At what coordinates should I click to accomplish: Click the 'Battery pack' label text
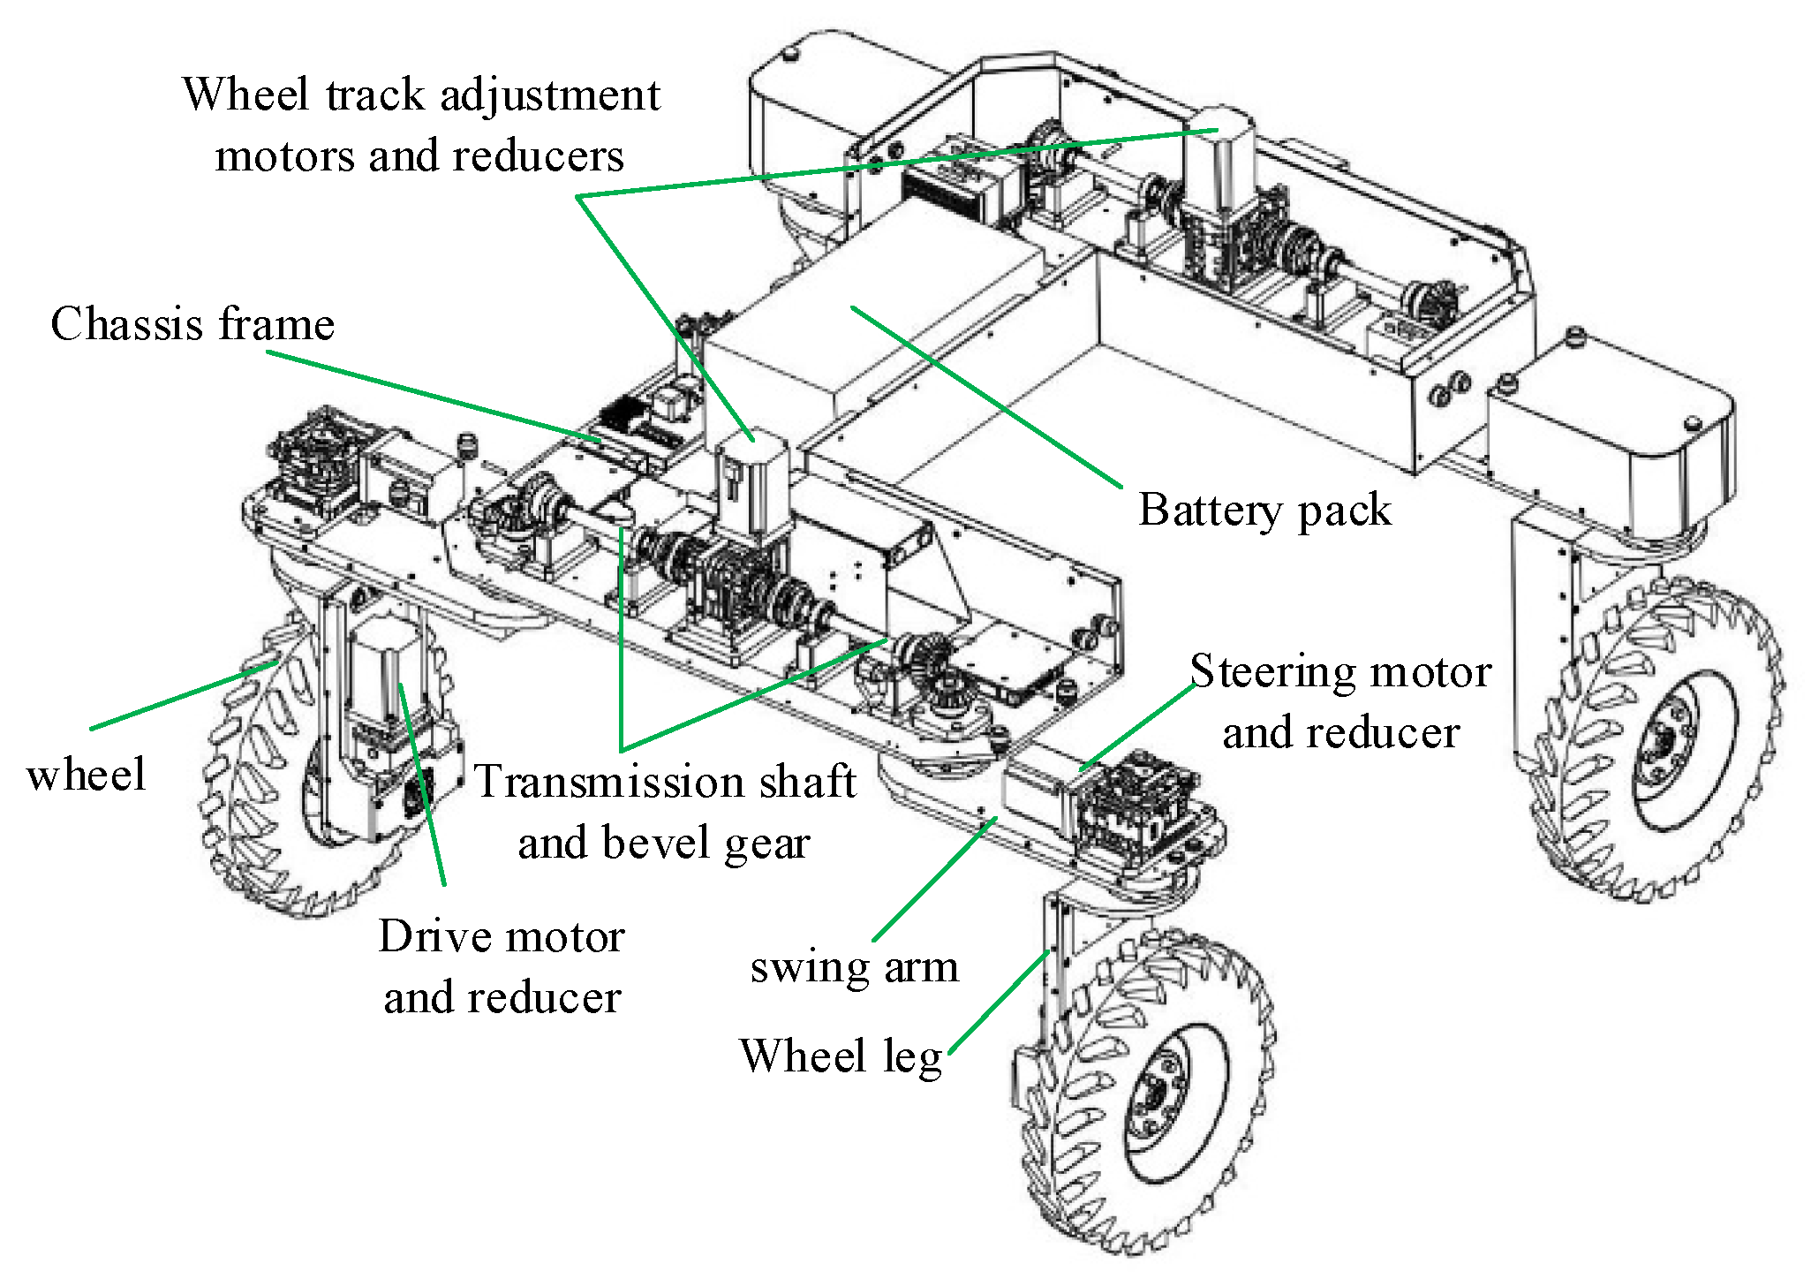pos(1264,511)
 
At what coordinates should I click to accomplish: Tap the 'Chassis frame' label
pos(192,324)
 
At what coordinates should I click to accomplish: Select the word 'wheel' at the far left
pos(86,775)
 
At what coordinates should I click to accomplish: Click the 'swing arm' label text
pos(854,966)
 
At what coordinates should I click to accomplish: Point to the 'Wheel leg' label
pos(841,1056)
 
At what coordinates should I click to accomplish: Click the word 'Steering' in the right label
pos(1268,673)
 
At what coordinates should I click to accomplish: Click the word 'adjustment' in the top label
pos(549,95)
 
